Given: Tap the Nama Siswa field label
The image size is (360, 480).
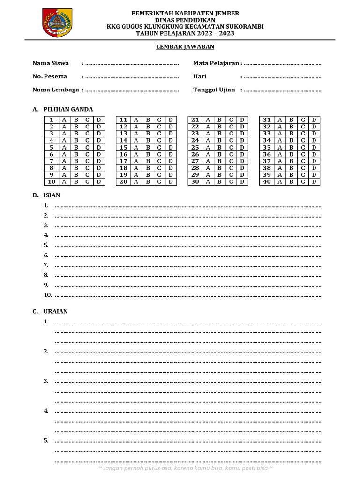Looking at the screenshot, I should [51, 63].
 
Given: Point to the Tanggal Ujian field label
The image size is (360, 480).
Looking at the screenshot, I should [214, 90].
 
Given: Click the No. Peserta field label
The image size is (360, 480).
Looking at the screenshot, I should [50, 76].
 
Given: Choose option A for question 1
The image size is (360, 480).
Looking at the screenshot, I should [63, 120].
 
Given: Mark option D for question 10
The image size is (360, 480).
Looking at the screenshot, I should [99, 182].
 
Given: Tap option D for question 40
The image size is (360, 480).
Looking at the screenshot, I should [314, 182].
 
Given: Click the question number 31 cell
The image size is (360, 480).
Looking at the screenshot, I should [267, 120].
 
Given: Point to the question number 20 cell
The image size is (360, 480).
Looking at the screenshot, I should [124, 182].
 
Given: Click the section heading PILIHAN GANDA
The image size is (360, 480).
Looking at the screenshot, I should [68, 109].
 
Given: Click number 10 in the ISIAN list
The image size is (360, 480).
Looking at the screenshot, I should [48, 295].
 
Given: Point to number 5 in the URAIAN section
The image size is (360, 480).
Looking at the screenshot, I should [46, 440].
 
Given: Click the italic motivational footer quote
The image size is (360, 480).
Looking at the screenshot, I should [186, 468].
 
